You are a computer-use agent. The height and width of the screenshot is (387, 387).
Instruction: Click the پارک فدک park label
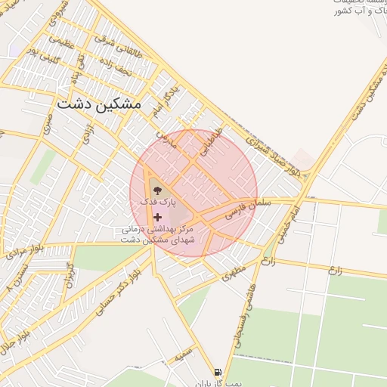pyautogui.click(x=161, y=203)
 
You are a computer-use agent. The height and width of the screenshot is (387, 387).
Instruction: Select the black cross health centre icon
pyautogui.click(x=157, y=217)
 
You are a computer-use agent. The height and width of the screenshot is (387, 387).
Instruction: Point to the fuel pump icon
pyautogui.click(x=218, y=372)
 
